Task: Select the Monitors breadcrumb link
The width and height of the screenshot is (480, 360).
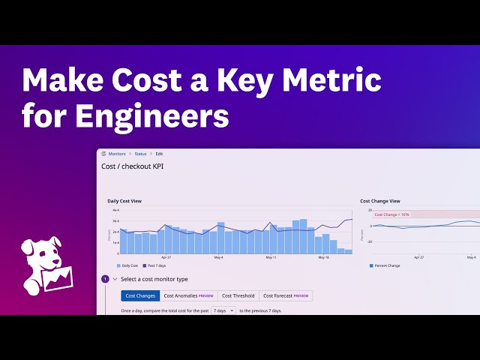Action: pos(117,154)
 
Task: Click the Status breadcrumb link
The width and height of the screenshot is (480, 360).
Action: pos(141,154)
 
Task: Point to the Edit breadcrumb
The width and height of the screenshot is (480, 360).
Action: pos(160,154)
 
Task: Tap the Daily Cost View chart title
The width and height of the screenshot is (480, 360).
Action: pos(124,201)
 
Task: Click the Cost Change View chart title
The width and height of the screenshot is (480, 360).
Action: pos(379,201)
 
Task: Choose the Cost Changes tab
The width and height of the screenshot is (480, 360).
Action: pos(140,296)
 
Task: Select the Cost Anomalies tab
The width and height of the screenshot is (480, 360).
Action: pos(188,296)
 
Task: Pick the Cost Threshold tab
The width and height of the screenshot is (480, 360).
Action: pos(238,296)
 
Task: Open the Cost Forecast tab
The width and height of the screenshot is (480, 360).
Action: pos(285,296)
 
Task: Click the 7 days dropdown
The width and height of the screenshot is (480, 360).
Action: pos(223,310)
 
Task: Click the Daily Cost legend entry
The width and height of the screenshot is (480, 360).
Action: pos(127,265)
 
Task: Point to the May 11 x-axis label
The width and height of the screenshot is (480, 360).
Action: pos(271,257)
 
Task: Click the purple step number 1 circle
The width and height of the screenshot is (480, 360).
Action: pos(105,279)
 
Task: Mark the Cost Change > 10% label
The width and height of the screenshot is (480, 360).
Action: pos(392,214)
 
